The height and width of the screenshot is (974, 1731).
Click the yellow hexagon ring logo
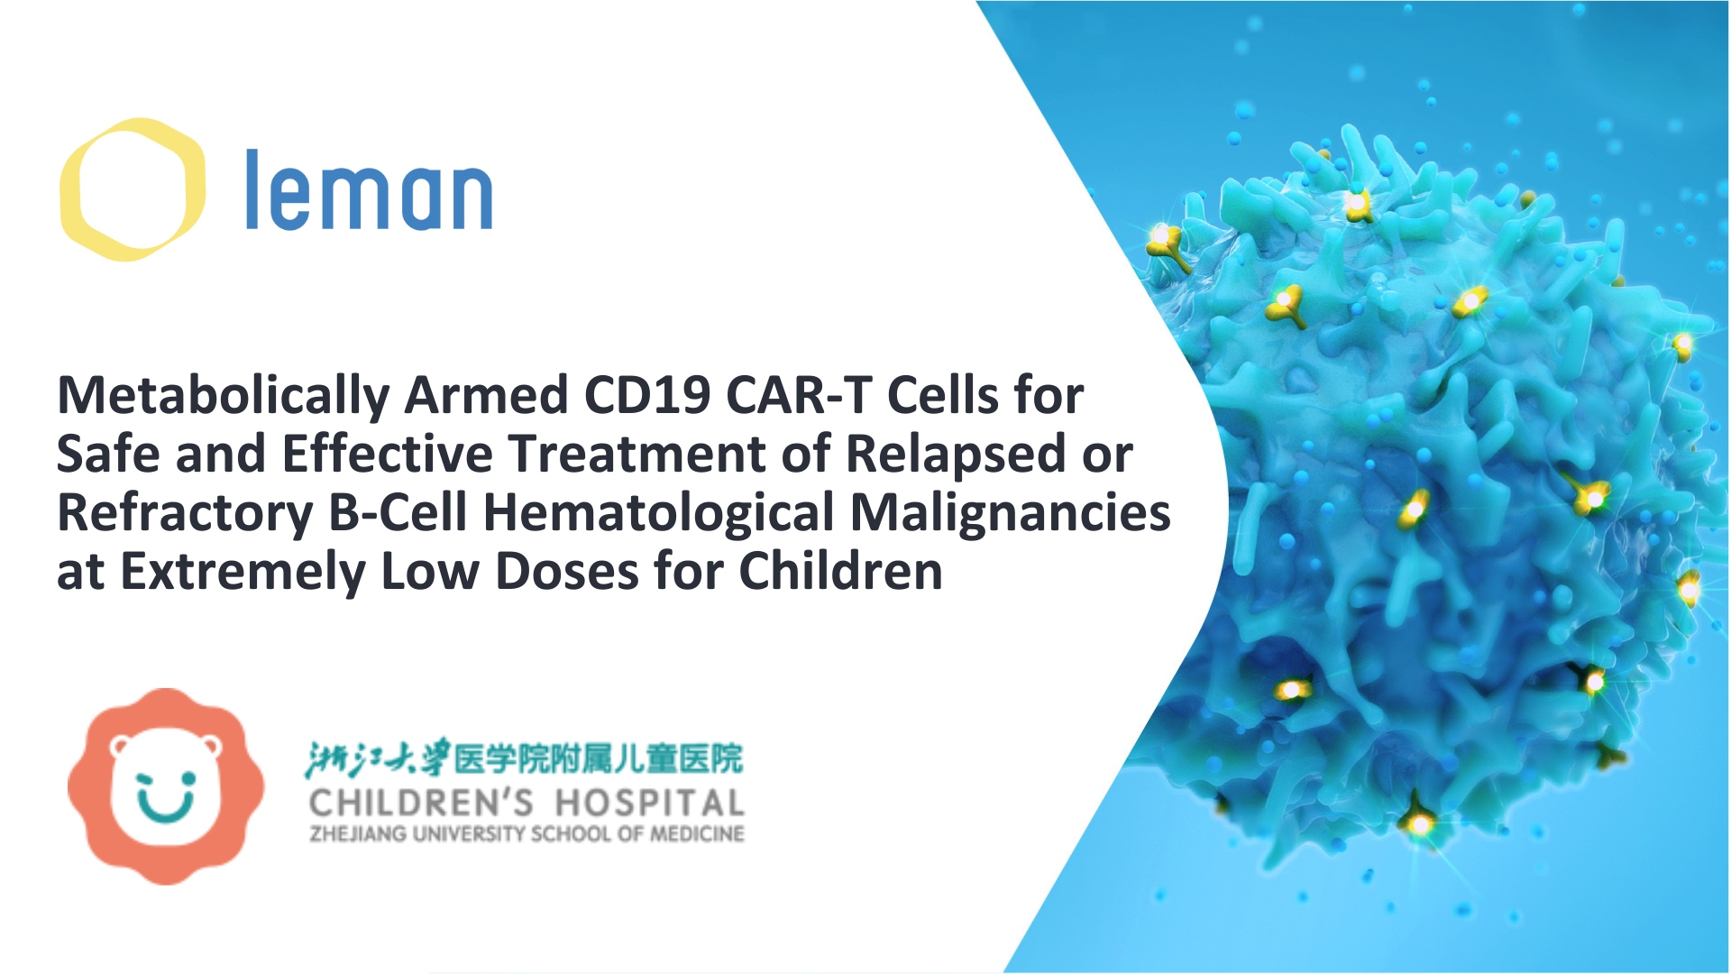click(132, 189)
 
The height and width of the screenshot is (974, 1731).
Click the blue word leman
click(369, 191)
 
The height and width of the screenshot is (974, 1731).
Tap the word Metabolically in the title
click(224, 396)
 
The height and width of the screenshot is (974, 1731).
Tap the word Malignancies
click(1010, 513)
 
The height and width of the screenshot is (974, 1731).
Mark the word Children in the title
click(840, 572)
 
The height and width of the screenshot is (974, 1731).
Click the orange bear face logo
click(166, 786)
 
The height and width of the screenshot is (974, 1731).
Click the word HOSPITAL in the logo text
click(649, 803)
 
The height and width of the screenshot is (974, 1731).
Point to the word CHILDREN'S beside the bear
click(421, 803)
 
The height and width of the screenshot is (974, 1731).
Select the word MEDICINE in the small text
click(697, 834)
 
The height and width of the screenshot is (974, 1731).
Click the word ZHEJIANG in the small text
click(359, 834)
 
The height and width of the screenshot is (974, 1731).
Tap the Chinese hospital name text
click(524, 758)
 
